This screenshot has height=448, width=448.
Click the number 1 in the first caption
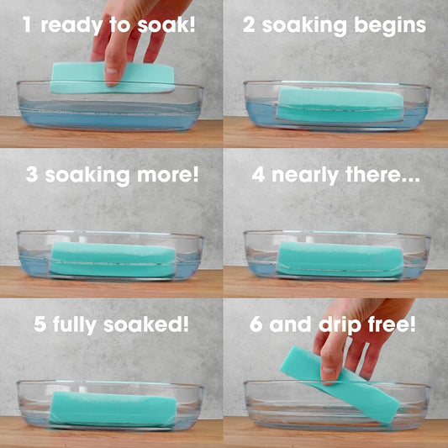(27, 24)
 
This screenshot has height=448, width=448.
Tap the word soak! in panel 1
(166, 24)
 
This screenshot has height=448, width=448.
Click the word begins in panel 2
(390, 25)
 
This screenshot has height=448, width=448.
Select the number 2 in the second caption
(249, 24)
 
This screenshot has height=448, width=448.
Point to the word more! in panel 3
(168, 175)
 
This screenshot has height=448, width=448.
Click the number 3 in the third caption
(32, 175)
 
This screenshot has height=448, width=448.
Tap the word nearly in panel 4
(305, 176)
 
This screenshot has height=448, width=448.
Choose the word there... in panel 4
(382, 175)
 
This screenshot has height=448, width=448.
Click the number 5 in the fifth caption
(40, 324)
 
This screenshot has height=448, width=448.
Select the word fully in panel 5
(75, 325)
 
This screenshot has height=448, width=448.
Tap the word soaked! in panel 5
(146, 324)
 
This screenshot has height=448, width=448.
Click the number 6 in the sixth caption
(256, 324)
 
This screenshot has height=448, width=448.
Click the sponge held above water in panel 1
(113, 78)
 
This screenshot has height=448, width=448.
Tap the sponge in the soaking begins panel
(340, 105)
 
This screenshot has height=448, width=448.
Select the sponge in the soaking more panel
(113, 260)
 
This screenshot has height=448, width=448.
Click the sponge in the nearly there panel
(340, 260)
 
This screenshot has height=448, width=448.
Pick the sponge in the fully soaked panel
(113, 409)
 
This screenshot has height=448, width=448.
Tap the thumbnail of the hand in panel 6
(329, 370)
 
